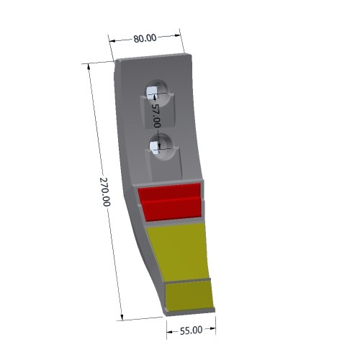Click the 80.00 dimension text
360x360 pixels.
tap(145, 38)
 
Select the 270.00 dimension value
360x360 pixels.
tap(105, 192)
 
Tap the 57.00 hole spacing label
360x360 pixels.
tap(156, 116)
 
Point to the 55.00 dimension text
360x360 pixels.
tap(191, 330)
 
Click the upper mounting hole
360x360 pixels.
tap(158, 93)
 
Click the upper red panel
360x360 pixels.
tap(169, 192)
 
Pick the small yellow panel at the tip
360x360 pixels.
tap(189, 296)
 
